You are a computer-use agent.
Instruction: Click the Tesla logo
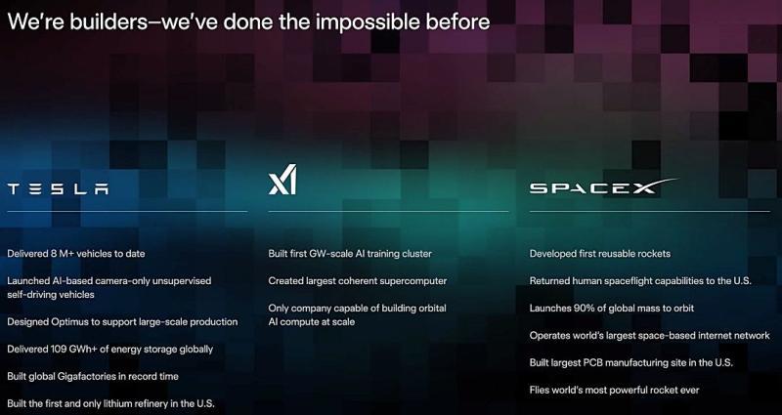59,188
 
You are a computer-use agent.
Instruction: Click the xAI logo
282,181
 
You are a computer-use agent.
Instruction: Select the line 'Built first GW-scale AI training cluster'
349,254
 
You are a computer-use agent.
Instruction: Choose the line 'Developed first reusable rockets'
599,254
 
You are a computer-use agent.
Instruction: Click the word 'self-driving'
36,294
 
